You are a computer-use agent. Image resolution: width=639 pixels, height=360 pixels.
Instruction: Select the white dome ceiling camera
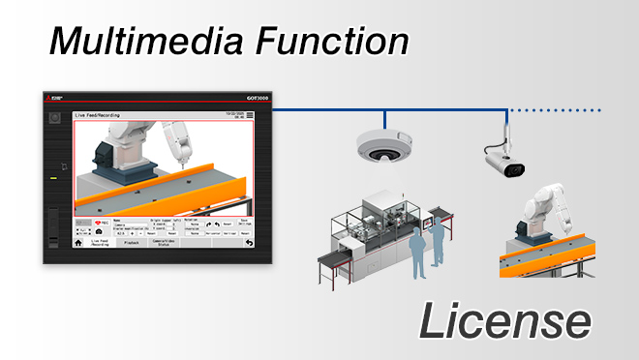[385, 146]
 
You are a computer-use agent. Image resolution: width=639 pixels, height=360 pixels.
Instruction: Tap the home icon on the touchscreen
[79, 243]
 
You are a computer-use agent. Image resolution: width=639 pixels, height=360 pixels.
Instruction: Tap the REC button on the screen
[95, 224]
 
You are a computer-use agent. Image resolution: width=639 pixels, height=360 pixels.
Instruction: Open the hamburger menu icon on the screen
[250, 115]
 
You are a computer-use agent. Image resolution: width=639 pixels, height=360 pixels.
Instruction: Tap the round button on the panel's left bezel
[55, 118]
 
